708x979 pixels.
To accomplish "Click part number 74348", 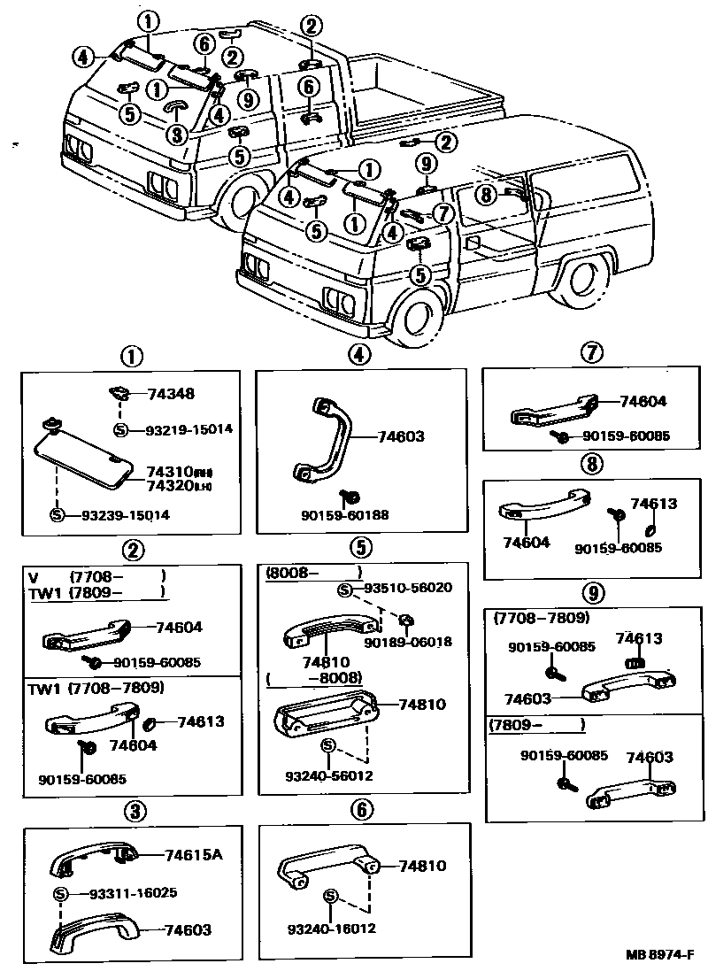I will pos(172,395).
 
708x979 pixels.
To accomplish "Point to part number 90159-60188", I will pos(344,515).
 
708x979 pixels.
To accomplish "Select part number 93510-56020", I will pos(408,588).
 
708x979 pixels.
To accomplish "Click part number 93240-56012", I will pos(330,775).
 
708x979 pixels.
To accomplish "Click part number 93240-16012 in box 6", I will pos(332,929).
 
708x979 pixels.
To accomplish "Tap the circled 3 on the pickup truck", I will pos(176,135).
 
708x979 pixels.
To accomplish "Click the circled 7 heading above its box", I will pos(592,353).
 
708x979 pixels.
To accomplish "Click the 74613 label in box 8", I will pos(653,504).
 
